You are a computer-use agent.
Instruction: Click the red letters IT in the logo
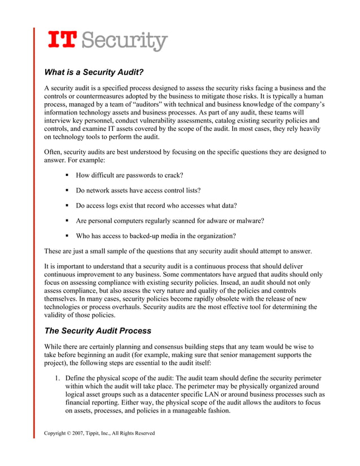[x=63, y=40]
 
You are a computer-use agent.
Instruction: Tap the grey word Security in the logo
[x=127, y=41]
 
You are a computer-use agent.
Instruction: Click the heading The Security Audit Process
[x=98, y=331]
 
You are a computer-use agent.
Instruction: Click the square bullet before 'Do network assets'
[x=67, y=190]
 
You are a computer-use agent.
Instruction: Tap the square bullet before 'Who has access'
[x=67, y=235]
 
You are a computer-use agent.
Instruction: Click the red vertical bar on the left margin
[x=34, y=226]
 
